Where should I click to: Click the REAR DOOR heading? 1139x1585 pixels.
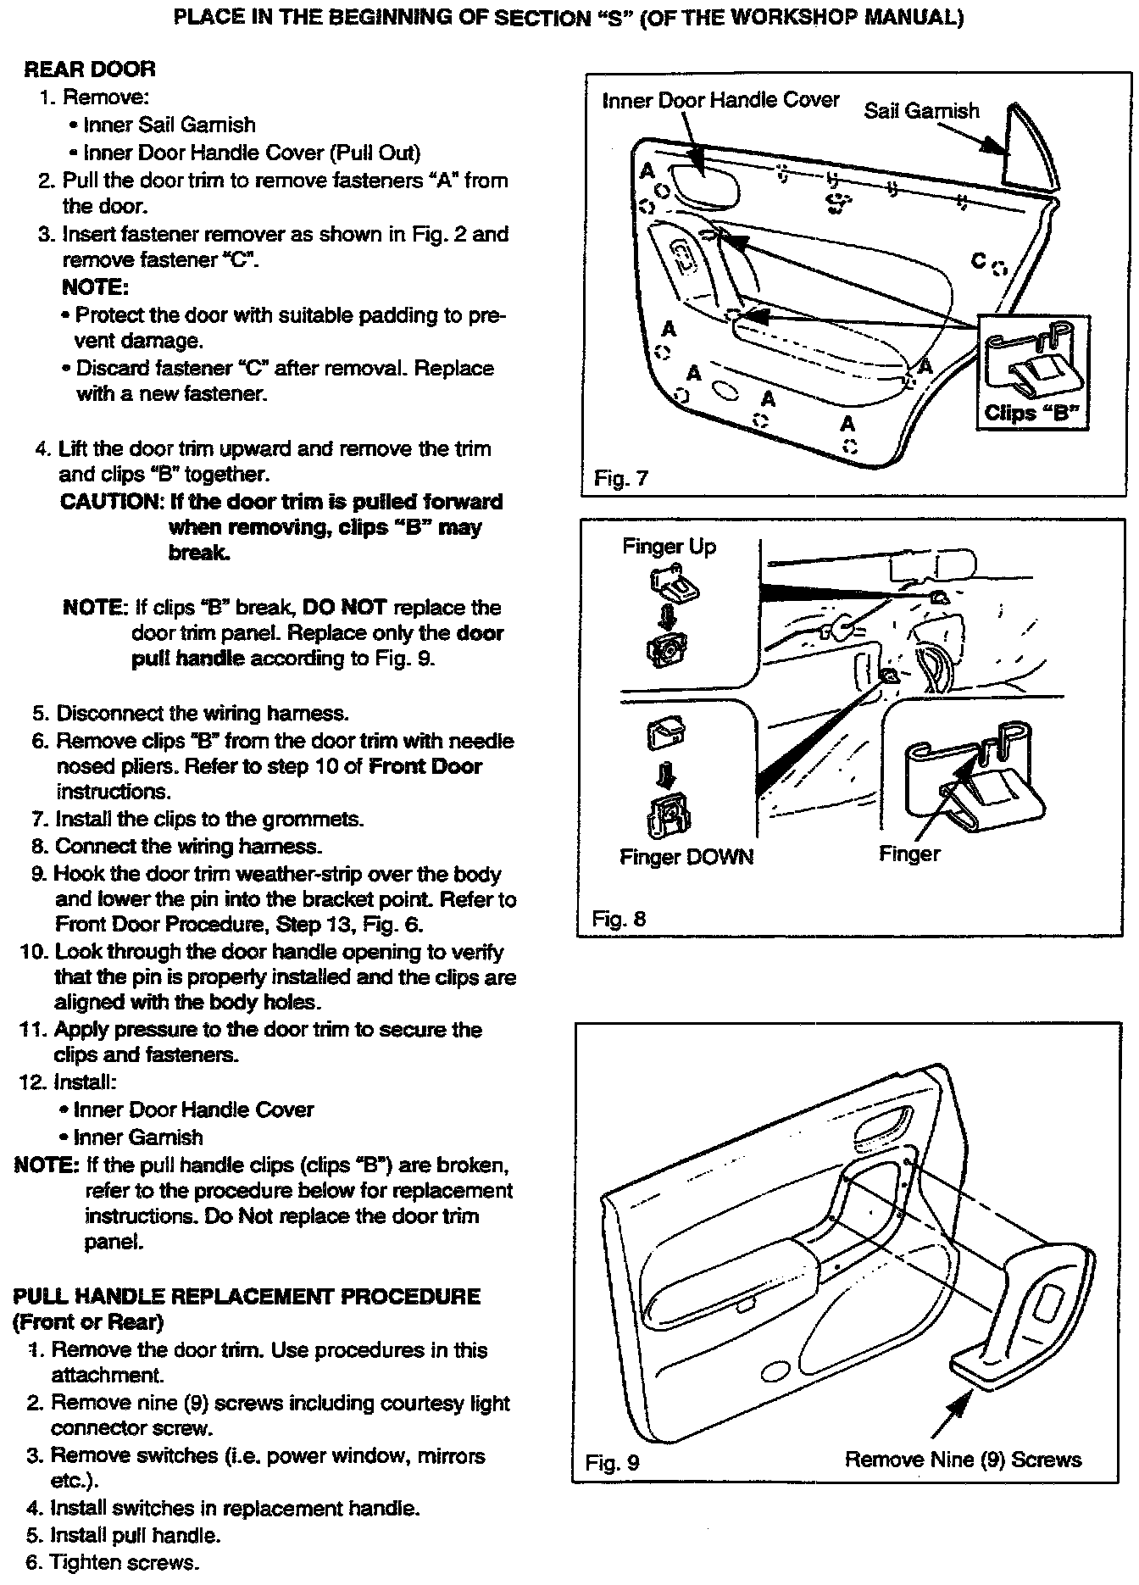coord(90,70)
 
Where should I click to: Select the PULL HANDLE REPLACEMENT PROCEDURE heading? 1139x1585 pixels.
coord(247,1296)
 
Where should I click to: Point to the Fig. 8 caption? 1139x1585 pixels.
coord(619,919)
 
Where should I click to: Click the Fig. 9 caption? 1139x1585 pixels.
coord(613,1462)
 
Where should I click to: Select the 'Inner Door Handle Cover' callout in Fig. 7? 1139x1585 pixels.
coord(720,101)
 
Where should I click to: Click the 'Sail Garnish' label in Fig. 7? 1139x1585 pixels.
coord(921,111)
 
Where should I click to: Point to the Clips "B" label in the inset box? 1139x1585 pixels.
coord(1034,413)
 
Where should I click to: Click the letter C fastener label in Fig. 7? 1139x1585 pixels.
coord(979,261)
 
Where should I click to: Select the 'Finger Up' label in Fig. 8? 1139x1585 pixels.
coord(669,547)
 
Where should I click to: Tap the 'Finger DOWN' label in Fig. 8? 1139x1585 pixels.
coord(686,857)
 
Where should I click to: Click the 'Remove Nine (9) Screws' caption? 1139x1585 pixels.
coord(963,1459)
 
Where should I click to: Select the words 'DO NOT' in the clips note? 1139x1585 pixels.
coord(344,608)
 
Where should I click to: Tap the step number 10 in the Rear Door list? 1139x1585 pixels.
coord(32,952)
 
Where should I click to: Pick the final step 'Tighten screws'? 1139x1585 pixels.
coord(124,1562)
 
